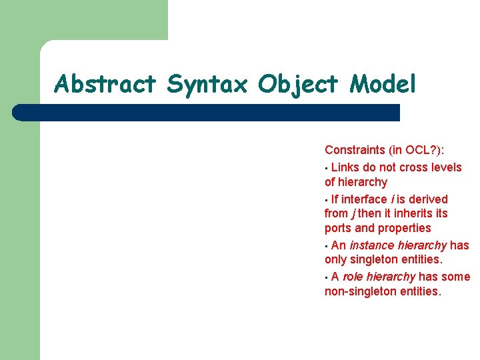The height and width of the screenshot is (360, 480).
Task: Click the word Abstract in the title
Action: coord(105,84)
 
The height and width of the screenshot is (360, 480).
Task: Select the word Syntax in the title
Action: coord(207,85)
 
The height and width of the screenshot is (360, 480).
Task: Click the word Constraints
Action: coord(355,151)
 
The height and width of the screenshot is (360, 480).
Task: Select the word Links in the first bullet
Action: coord(345,167)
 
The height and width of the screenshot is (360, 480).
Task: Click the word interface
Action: coord(364,199)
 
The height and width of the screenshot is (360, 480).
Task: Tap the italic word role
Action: coord(354,277)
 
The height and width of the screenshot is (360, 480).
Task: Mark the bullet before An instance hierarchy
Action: coord(327,246)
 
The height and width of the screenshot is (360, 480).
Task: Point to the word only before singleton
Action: coord(336,260)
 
